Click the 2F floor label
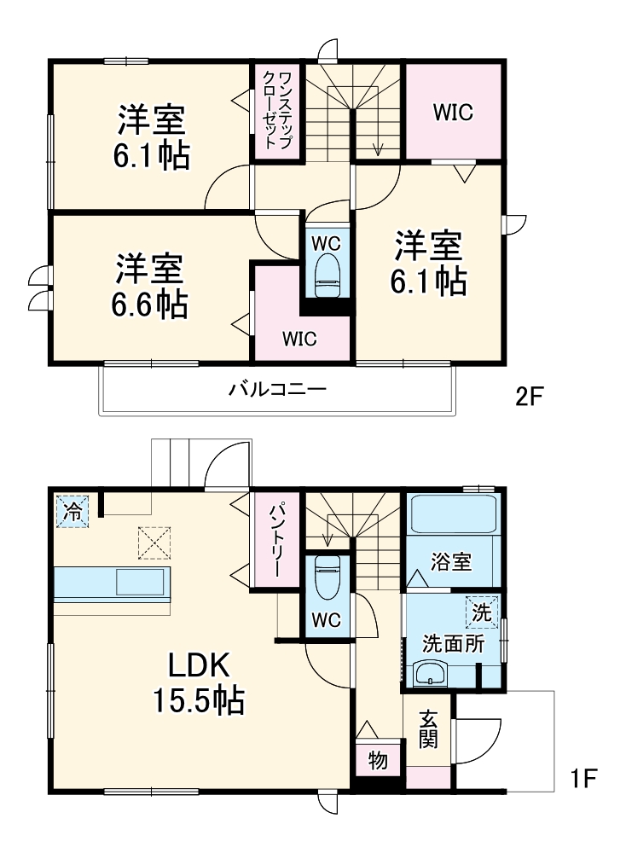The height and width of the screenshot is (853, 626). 528,397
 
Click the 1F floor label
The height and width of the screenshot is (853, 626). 583,778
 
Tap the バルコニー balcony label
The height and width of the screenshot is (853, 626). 277,391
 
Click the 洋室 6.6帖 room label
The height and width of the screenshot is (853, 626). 151,286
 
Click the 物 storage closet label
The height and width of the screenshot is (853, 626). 377,758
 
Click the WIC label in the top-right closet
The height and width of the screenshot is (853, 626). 452,112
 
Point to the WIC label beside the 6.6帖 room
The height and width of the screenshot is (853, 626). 300,339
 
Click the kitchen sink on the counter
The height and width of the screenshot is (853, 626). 142,583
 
